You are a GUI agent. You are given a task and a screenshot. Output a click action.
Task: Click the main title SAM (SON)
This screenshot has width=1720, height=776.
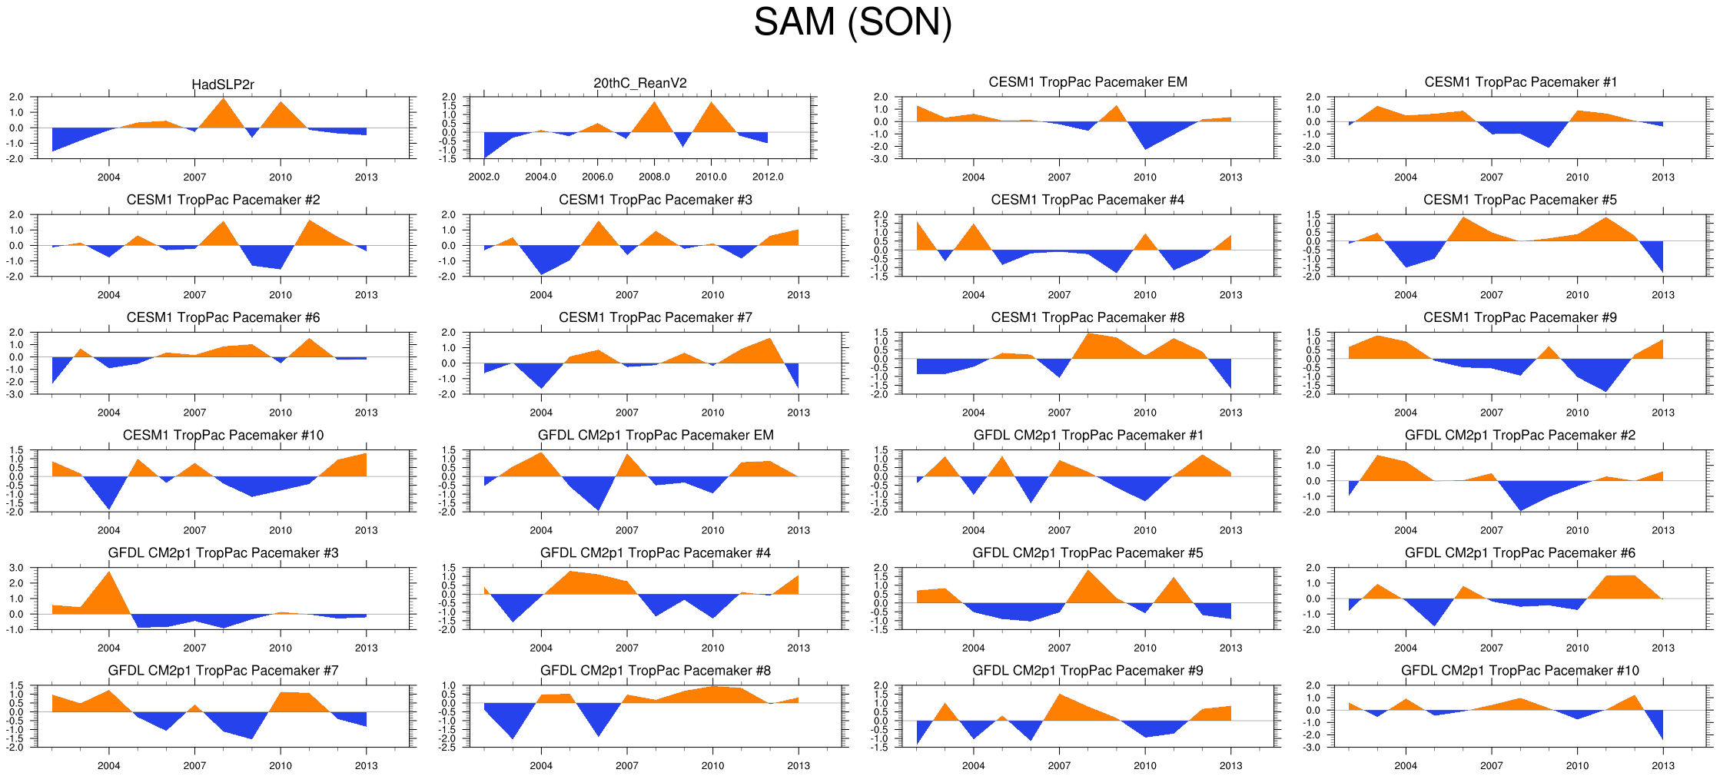click(852, 22)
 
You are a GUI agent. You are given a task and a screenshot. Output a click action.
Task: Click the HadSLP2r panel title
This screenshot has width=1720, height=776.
click(223, 85)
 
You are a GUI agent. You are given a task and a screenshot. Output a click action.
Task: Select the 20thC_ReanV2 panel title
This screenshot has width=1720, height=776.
click(639, 83)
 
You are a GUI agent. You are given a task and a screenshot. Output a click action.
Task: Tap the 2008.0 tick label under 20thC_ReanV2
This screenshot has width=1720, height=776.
click(654, 177)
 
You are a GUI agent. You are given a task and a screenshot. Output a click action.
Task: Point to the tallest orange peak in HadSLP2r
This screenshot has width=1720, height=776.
click(224, 99)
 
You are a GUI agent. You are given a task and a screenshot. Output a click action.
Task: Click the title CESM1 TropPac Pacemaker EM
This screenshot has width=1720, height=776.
click(1087, 82)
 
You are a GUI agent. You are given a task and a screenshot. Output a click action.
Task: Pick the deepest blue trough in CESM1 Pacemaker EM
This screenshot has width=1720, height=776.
click(1145, 148)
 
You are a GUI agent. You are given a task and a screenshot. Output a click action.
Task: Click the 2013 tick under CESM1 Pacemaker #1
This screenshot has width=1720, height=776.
click(1662, 177)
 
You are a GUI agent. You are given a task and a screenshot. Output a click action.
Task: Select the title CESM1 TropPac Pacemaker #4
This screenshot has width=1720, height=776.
click(1087, 200)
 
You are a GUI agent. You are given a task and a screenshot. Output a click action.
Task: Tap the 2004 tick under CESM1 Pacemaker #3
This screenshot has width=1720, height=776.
click(541, 294)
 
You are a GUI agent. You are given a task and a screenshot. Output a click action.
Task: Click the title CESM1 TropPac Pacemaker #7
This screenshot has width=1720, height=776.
click(655, 317)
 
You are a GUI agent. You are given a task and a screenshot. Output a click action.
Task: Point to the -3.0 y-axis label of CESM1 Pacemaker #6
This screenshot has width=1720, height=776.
click(16, 394)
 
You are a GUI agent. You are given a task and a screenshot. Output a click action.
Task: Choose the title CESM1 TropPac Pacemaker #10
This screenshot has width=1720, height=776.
click(223, 435)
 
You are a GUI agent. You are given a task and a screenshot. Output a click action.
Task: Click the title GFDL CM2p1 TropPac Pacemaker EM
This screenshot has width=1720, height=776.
click(655, 435)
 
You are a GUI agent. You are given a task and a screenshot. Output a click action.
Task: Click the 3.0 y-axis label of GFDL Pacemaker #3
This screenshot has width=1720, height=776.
click(16, 568)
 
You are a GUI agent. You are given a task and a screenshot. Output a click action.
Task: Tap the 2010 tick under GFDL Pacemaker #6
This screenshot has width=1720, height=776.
click(1577, 648)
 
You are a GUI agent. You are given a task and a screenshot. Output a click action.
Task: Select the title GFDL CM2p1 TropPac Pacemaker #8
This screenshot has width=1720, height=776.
click(655, 671)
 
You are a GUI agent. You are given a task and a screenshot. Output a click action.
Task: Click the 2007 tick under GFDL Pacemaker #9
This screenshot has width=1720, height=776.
click(1059, 765)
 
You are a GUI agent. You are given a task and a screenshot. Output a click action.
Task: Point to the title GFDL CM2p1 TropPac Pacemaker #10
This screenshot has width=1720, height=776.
click(1519, 671)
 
